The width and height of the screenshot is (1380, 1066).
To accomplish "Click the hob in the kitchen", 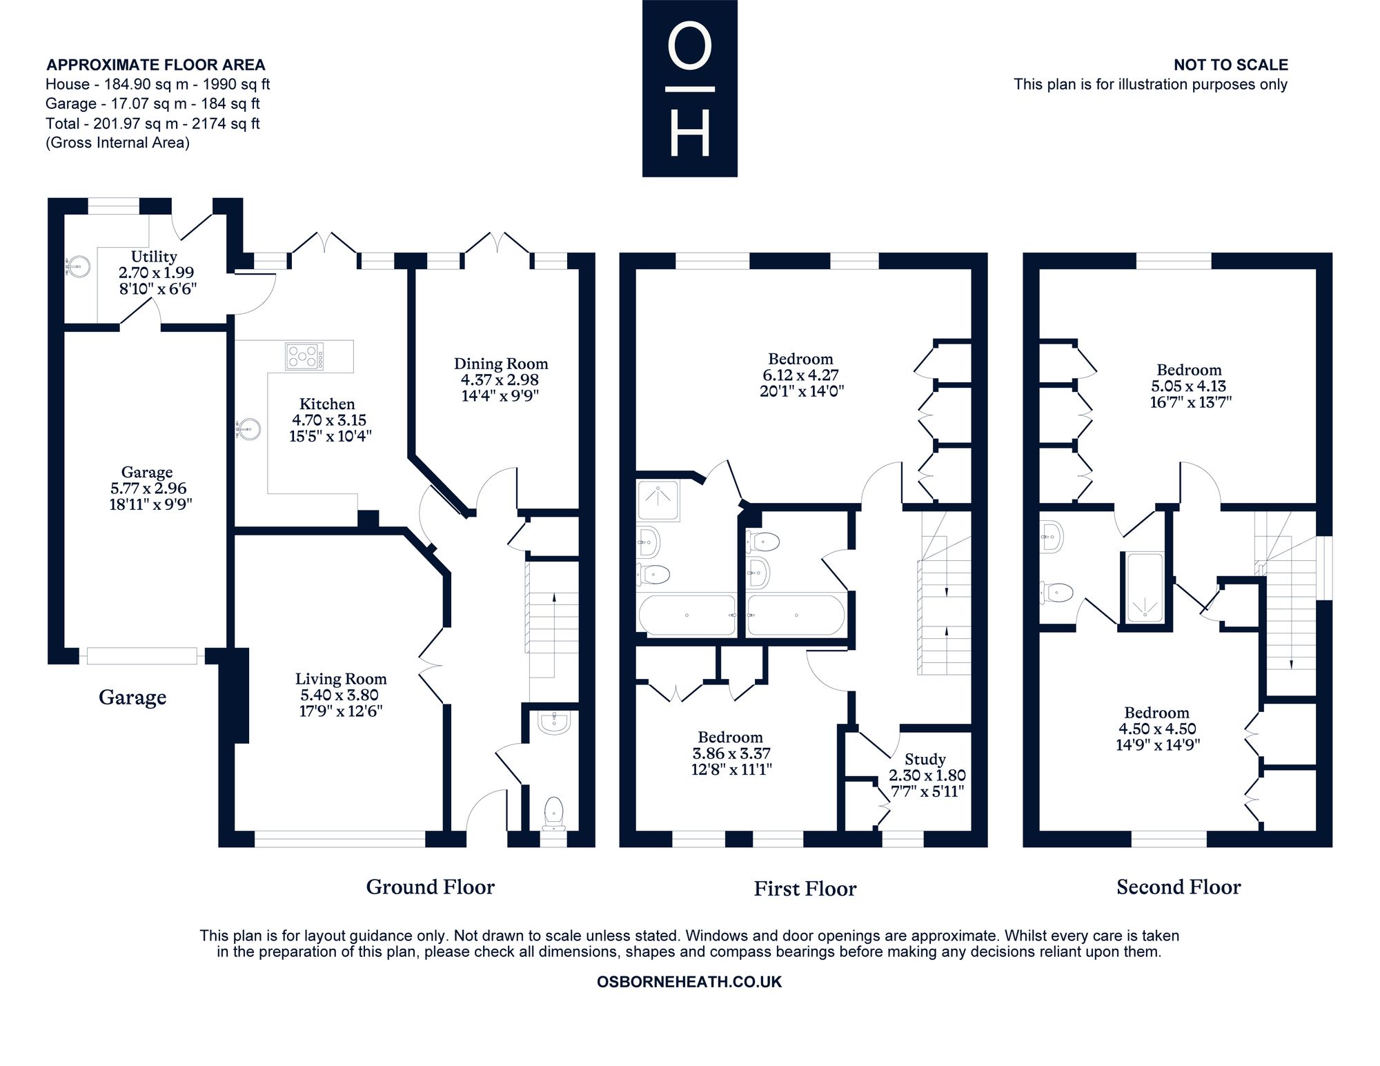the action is point(304,356).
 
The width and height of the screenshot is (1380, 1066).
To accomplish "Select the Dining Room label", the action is point(501,364).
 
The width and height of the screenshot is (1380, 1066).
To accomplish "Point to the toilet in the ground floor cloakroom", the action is point(554,813).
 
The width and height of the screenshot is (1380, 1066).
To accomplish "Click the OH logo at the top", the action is point(690,88).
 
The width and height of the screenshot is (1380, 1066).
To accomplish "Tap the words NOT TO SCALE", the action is point(1231,65).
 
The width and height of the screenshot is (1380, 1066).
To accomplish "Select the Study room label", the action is point(925,760).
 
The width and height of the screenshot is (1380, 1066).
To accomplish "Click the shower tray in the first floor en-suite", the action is point(658,502).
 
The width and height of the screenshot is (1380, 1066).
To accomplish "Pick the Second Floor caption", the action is point(1179,887).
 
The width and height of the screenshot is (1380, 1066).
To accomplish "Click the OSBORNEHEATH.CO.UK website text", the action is point(689,982).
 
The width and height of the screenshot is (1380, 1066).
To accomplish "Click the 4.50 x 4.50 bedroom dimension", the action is point(1157,729).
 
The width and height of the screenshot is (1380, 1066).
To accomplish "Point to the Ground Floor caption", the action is point(430,887).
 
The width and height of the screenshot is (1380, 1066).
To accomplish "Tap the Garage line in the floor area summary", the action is point(152,103).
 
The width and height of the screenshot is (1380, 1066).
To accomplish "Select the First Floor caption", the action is point(805,889).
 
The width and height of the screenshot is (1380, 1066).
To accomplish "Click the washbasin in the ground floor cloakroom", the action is point(554,722).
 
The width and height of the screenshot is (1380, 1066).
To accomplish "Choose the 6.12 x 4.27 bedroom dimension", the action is point(800,375).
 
